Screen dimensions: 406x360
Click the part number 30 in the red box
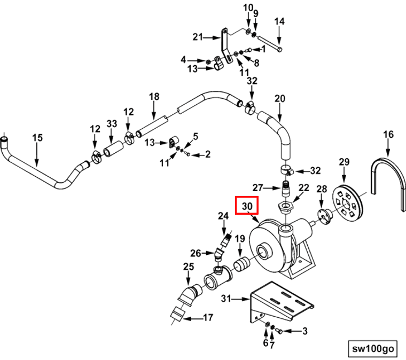point(247,206)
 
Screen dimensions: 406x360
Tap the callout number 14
point(279,21)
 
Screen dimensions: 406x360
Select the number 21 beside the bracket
point(198,37)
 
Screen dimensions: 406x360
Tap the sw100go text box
point(373,348)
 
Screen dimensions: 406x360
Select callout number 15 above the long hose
point(37,138)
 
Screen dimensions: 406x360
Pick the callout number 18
point(154,97)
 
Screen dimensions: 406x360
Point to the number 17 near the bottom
point(208,318)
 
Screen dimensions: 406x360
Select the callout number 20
point(279,99)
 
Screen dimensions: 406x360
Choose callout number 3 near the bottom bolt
point(304,331)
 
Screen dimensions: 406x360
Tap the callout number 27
point(257,187)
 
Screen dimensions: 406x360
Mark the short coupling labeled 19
point(241,264)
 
